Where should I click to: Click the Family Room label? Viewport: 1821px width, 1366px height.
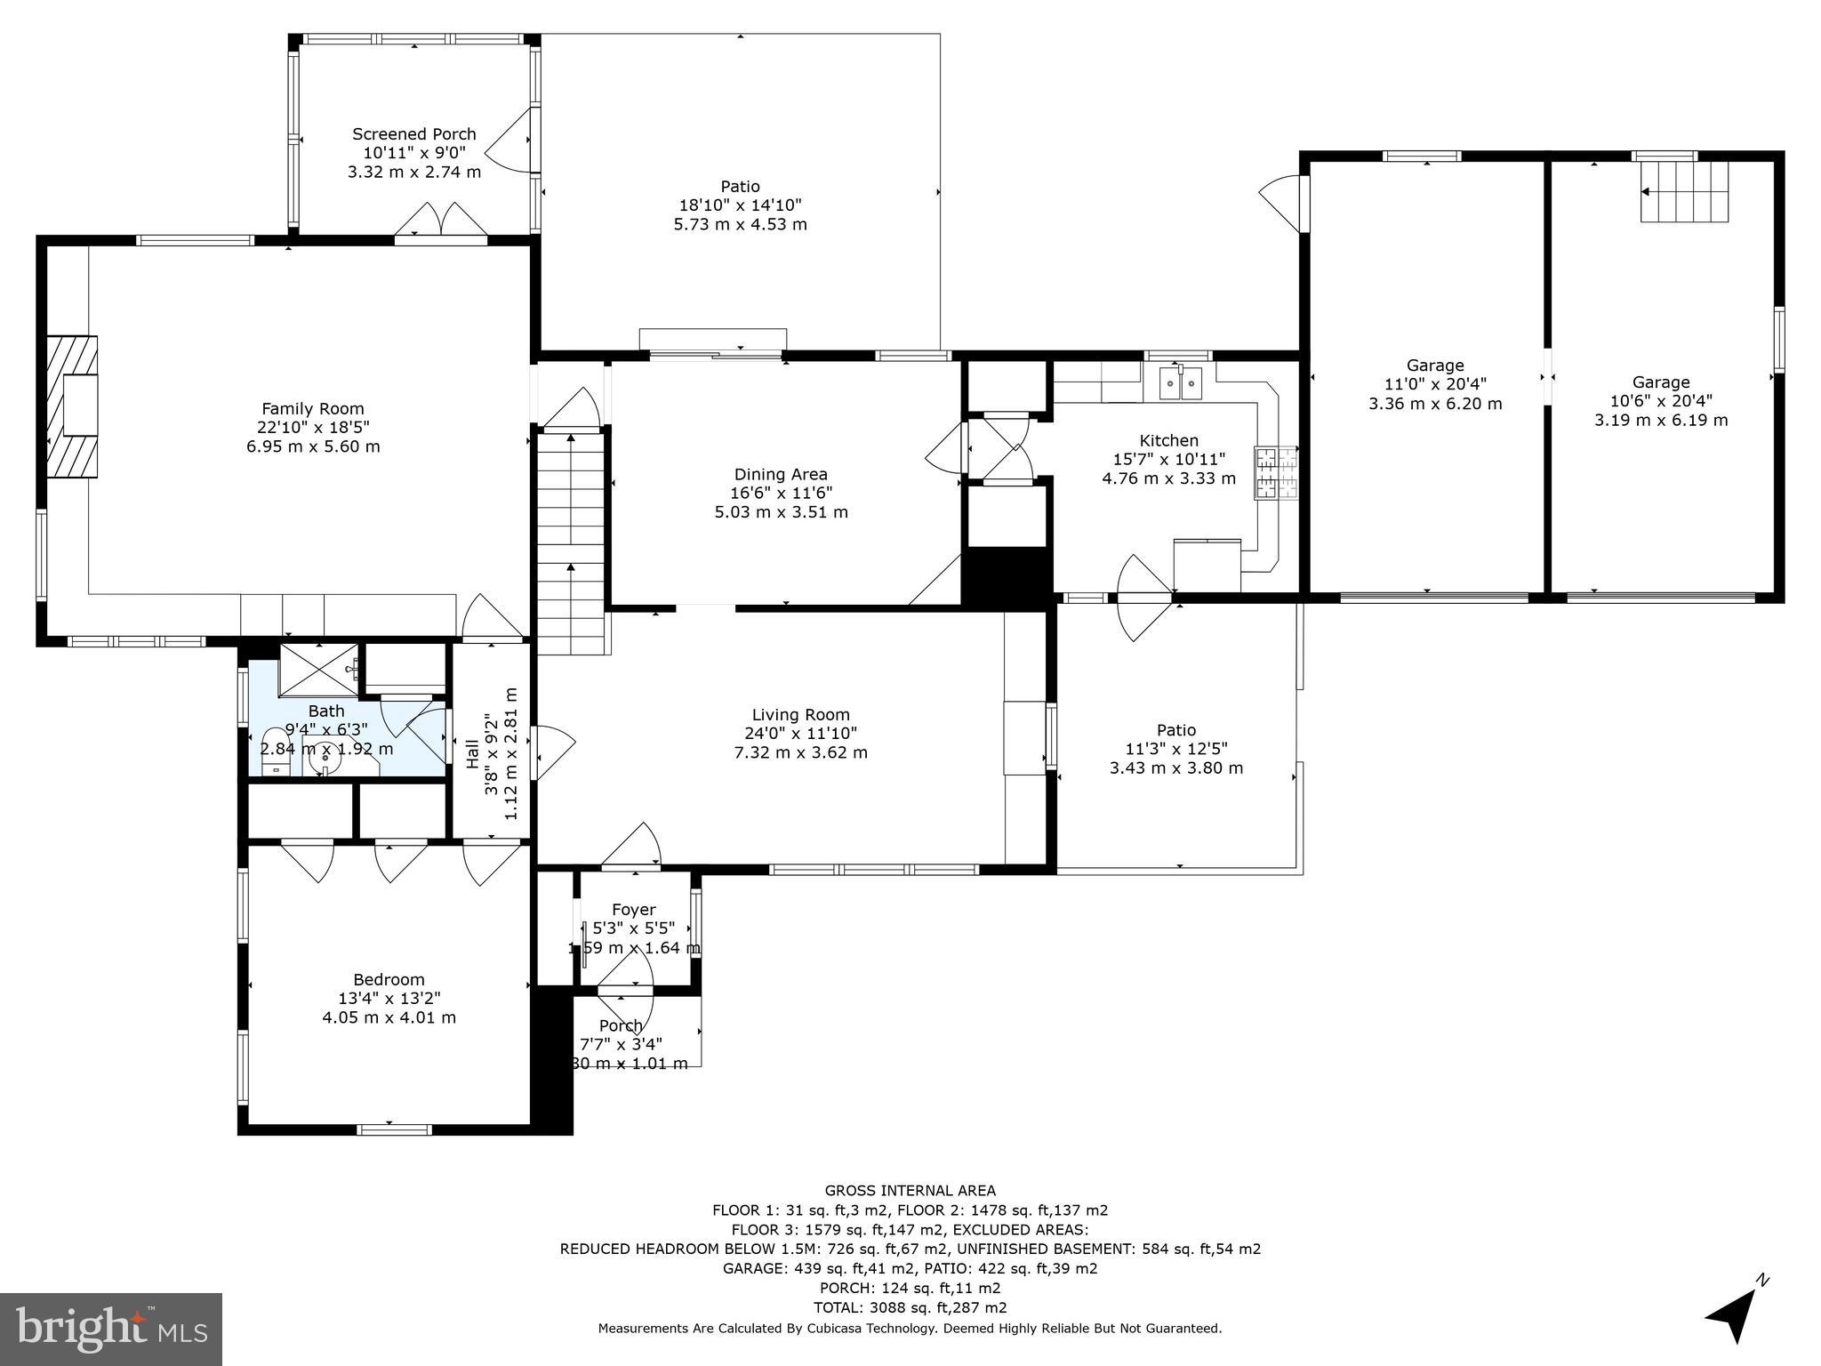tap(312, 409)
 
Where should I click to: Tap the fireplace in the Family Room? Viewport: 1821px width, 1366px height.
tap(74, 406)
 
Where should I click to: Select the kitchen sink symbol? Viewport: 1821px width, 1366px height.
tap(1181, 383)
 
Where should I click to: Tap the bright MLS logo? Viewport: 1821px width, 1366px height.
tap(110, 1329)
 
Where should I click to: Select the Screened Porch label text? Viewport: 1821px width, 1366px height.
tap(414, 134)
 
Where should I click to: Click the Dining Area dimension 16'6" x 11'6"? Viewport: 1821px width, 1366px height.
tap(781, 494)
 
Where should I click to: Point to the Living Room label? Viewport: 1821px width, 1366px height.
tap(800, 714)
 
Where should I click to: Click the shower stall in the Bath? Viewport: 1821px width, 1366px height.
tap(318, 669)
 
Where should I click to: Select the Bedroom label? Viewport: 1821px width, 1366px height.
tap(389, 979)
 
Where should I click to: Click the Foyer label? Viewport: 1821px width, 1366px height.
tap(633, 909)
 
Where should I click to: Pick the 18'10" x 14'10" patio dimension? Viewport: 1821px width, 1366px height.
tap(740, 205)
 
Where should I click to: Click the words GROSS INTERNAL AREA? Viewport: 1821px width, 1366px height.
tap(910, 1190)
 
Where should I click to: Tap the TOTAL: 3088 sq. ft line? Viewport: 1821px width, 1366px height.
tap(910, 1307)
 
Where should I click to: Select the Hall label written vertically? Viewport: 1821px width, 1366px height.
tap(473, 754)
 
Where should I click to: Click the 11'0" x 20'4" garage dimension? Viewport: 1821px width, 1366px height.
tap(1434, 384)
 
